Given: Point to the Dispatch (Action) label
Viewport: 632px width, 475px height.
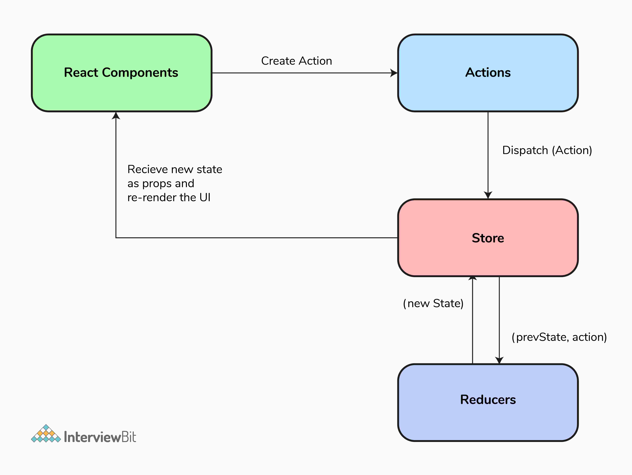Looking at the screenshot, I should [547, 150].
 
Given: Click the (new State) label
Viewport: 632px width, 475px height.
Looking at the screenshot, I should [433, 303].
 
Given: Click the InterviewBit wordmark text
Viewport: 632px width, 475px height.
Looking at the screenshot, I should [100, 437].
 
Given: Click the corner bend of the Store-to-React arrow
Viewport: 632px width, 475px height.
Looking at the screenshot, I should [116, 238].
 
